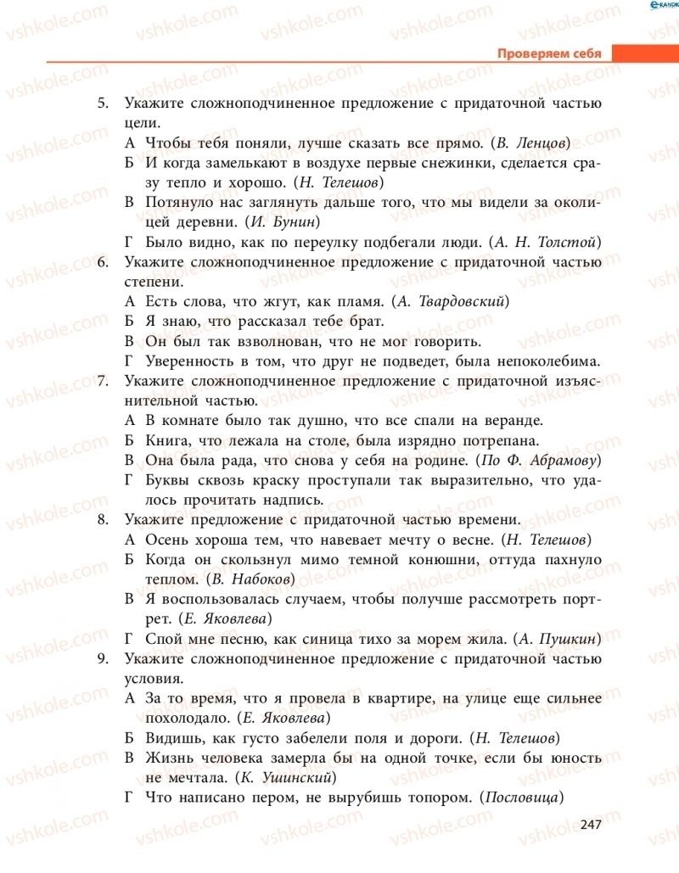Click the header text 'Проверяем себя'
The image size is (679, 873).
click(549, 53)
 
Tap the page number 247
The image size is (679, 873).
click(591, 825)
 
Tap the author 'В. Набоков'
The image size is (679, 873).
click(251, 579)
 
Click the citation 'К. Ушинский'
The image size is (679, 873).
click(289, 776)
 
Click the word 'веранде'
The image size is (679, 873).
click(513, 421)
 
